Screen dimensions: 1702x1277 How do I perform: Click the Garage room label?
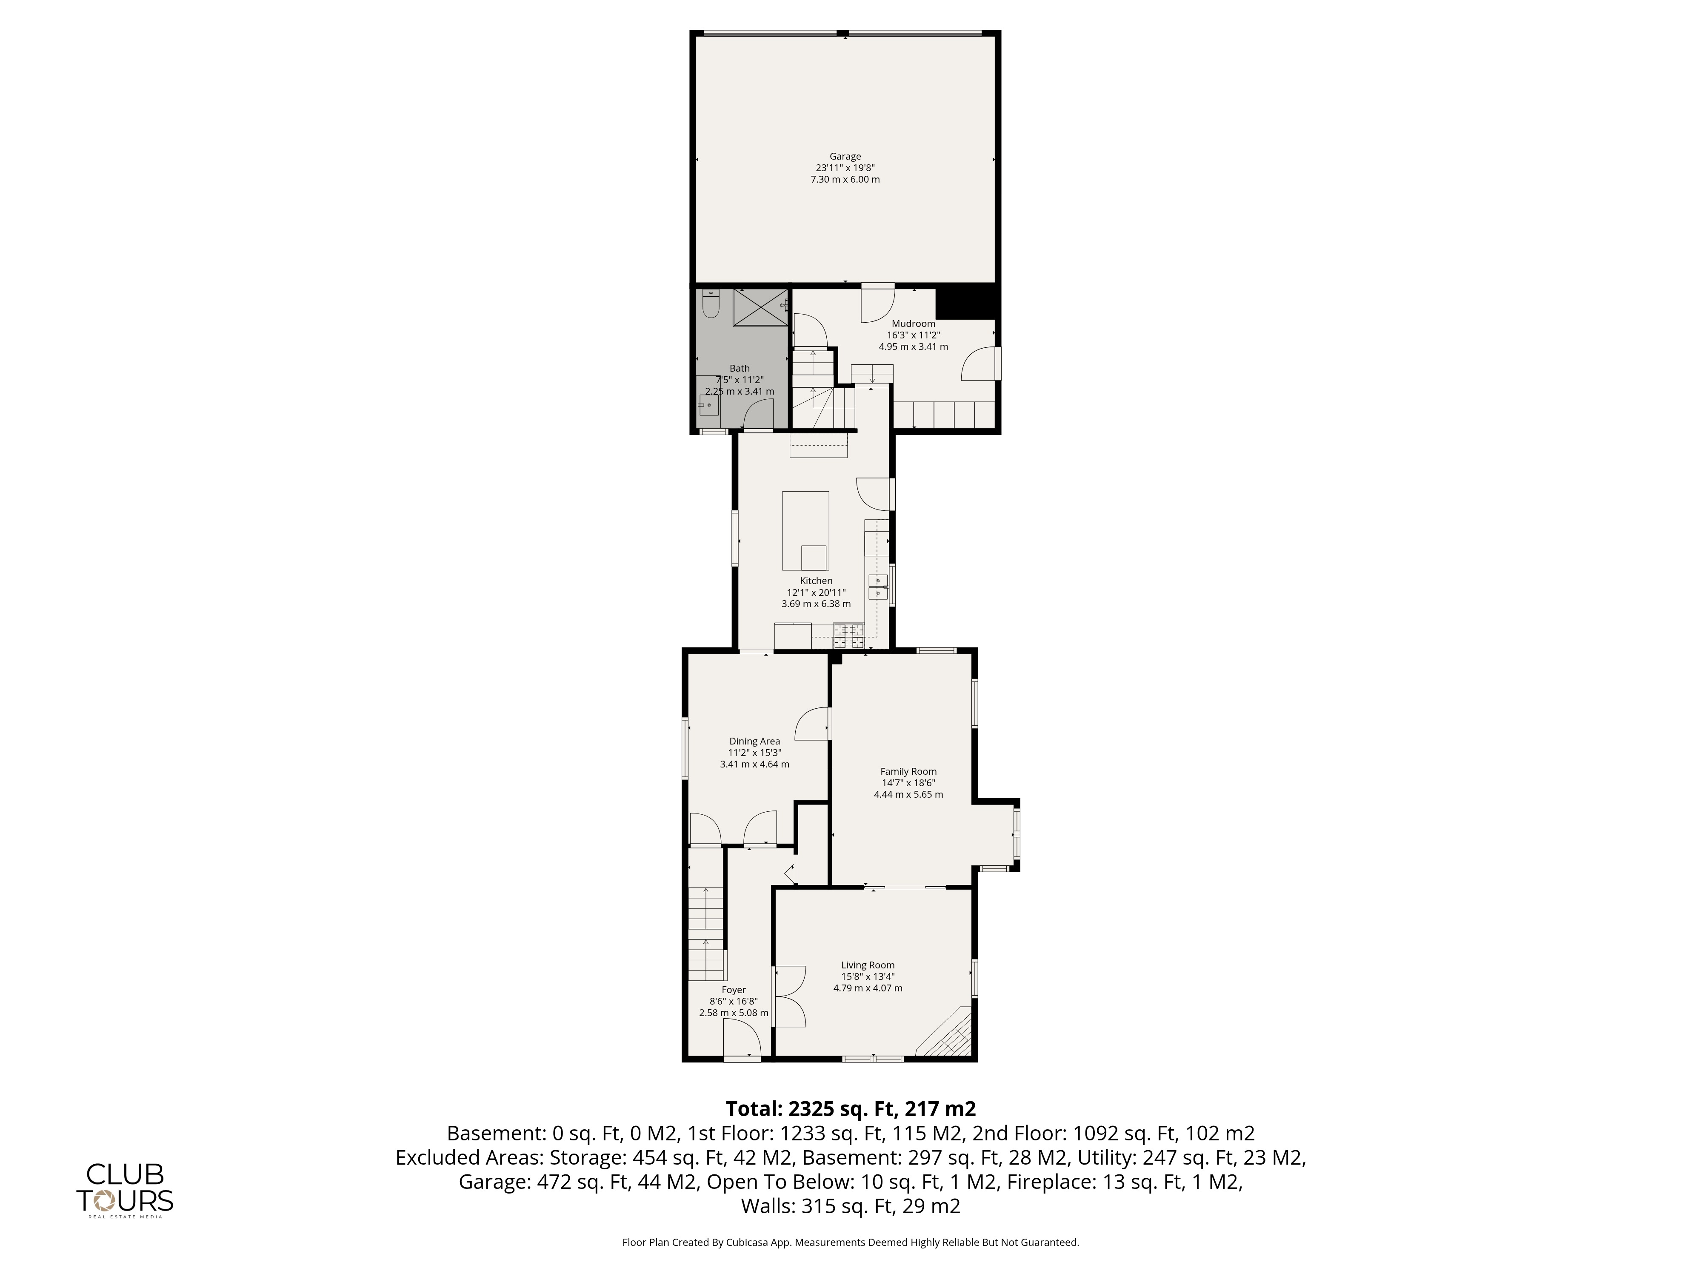point(845,156)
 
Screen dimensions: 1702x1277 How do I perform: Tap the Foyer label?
point(733,990)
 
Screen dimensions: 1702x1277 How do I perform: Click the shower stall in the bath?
point(761,308)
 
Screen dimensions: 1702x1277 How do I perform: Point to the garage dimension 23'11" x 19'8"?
point(845,168)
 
